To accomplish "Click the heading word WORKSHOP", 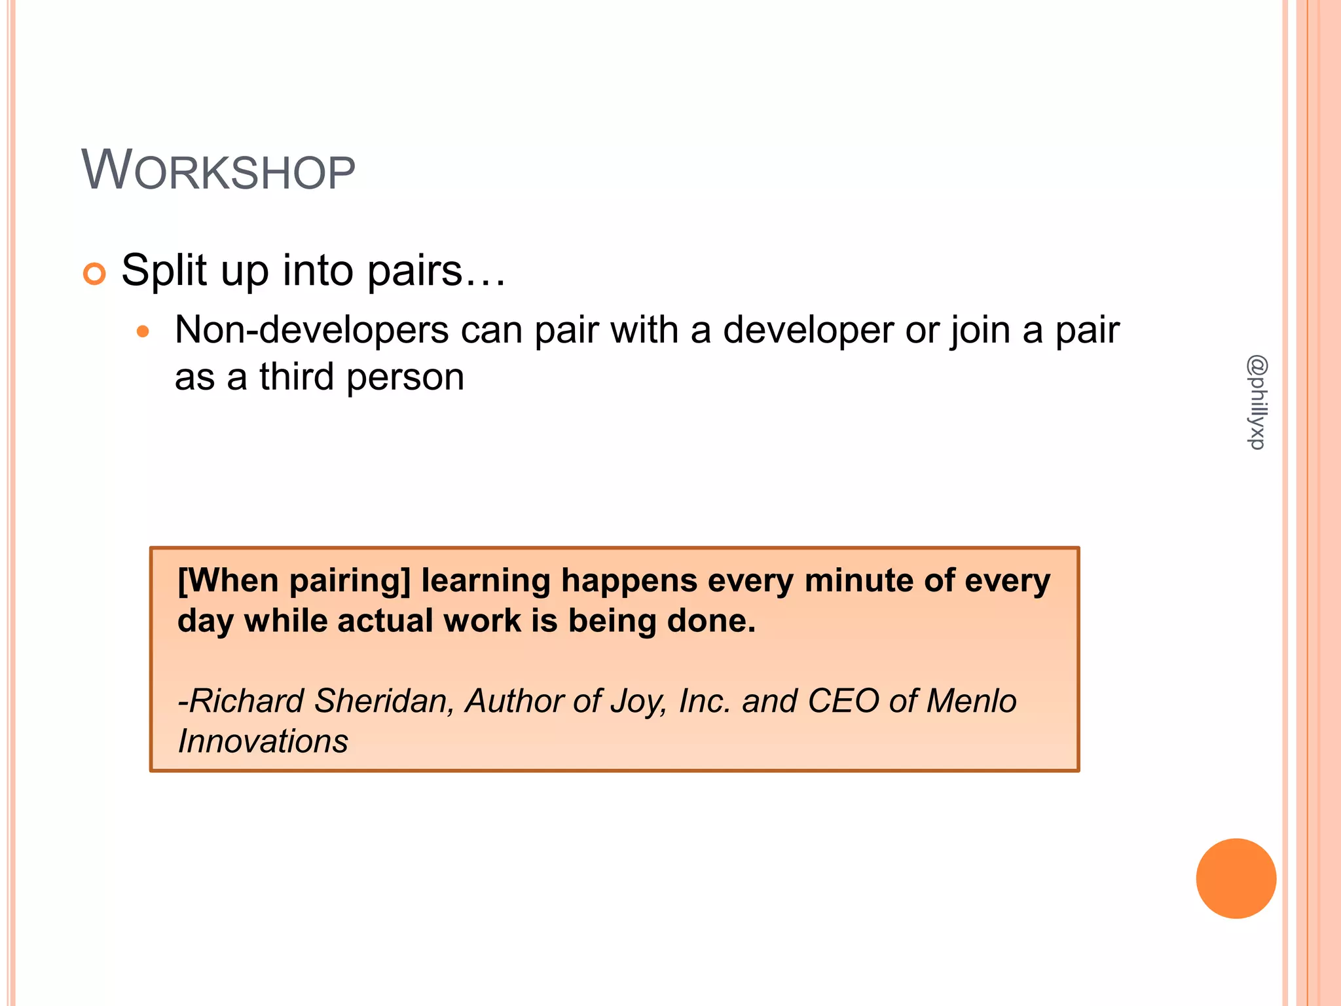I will tap(218, 171).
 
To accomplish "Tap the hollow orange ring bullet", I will tap(94, 273).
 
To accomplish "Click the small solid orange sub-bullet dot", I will tap(143, 331).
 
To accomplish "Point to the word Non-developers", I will tap(312, 329).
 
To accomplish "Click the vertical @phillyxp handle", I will tap(1257, 402).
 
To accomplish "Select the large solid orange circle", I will tap(1236, 878).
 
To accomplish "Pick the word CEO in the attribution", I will tap(843, 701).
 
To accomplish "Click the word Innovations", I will tap(263, 741).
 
